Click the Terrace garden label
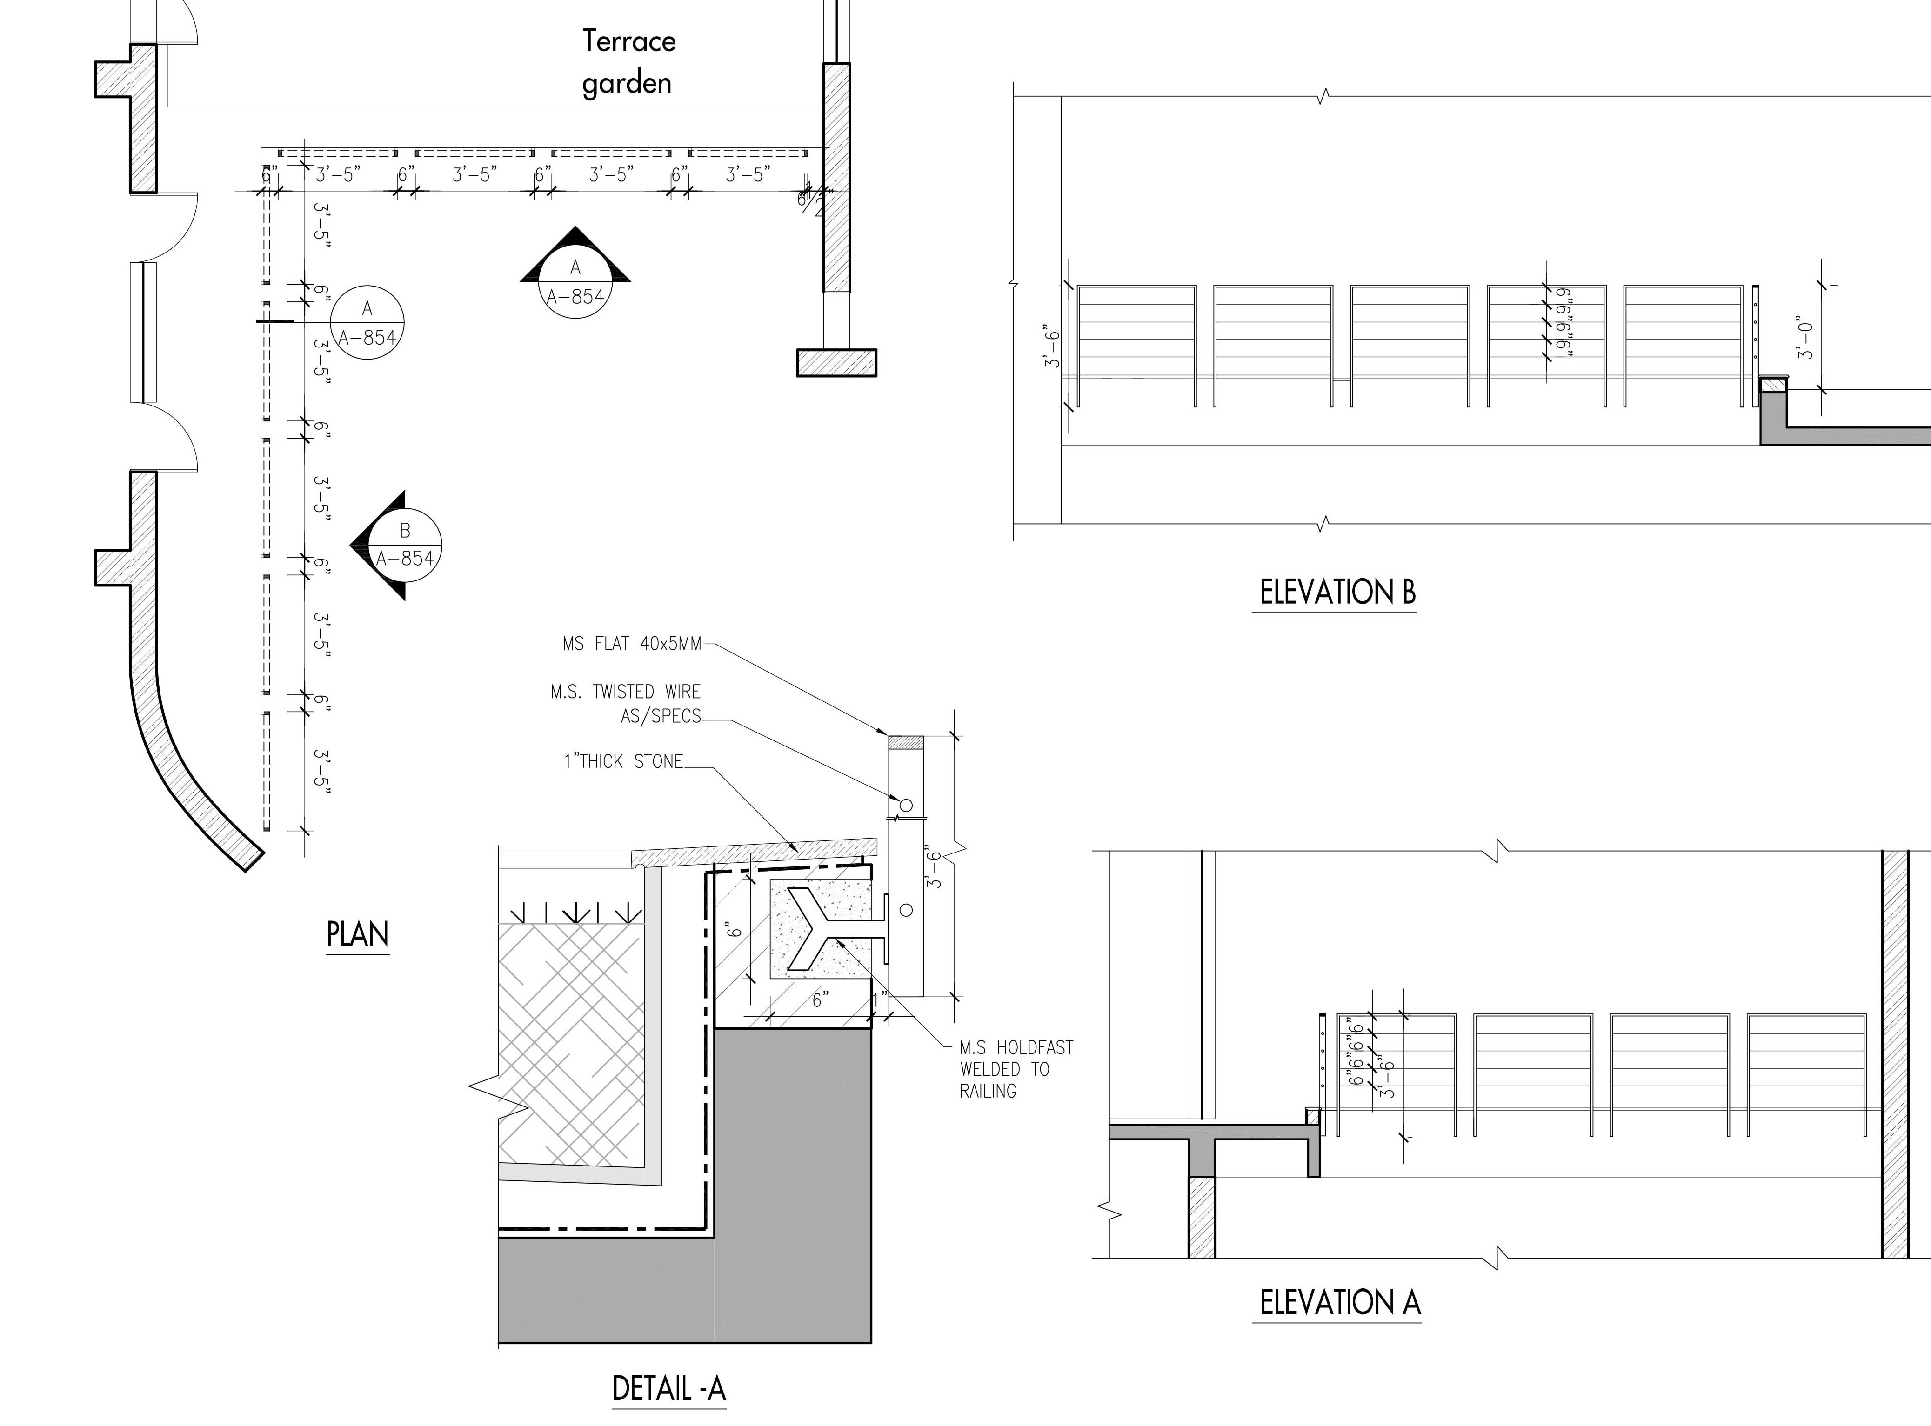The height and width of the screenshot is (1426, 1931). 628,62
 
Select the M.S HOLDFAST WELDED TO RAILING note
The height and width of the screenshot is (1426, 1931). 1016,1069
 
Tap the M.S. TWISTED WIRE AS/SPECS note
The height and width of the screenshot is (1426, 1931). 626,704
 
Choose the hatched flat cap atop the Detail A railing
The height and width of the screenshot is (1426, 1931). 906,742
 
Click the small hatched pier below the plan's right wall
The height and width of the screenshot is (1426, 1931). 835,362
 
